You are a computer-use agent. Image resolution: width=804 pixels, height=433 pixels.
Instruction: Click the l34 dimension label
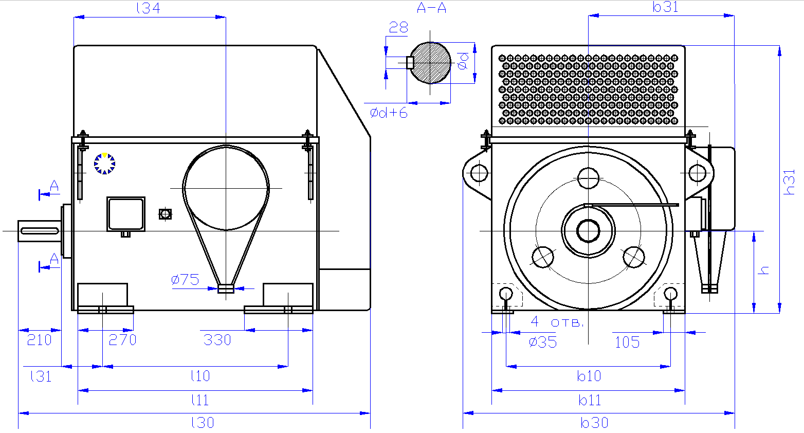(148, 8)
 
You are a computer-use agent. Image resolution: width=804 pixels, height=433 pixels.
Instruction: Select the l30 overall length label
(203, 423)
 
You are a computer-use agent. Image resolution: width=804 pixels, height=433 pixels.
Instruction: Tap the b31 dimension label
(666, 7)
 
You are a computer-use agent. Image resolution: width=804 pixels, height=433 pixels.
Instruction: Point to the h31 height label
(790, 182)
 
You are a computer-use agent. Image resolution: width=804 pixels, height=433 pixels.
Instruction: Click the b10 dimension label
(589, 376)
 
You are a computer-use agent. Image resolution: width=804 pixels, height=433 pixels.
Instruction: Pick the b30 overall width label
(595, 423)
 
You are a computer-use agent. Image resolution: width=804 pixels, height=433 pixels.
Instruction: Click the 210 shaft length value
(39, 340)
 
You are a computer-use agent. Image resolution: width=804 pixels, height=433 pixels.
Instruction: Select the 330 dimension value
(217, 340)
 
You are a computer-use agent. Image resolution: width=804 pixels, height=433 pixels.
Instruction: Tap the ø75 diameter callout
(185, 280)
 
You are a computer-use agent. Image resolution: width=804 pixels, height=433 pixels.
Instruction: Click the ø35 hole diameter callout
(543, 342)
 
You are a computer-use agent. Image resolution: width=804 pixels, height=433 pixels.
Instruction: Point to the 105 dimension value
(627, 342)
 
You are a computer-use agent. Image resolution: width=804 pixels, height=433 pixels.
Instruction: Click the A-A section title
(431, 8)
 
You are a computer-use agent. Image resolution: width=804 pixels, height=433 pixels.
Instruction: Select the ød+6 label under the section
(389, 113)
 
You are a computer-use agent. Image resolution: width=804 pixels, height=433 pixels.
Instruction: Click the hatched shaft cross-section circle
(431, 63)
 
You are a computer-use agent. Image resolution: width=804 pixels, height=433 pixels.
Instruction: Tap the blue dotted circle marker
(104, 164)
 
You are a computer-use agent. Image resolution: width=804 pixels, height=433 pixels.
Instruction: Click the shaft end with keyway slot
(40, 231)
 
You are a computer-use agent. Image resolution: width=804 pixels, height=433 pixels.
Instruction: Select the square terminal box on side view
(125, 214)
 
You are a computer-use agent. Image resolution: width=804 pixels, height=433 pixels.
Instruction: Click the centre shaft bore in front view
(588, 230)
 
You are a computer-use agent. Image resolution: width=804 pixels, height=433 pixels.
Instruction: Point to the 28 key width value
(398, 28)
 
